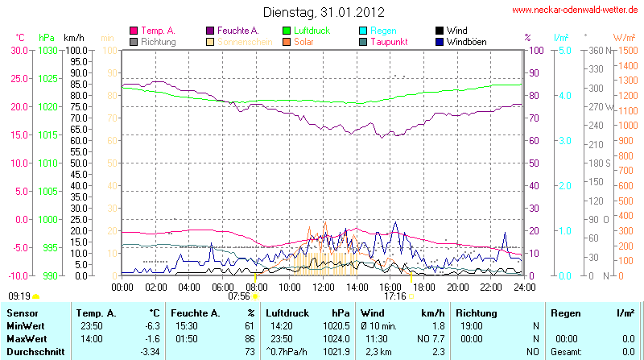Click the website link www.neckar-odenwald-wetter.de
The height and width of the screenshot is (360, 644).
pos(575,10)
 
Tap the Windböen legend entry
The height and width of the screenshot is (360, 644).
pos(467,41)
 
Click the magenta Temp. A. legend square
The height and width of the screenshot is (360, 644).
pos(134,31)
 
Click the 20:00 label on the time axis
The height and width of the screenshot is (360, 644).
pos(457,286)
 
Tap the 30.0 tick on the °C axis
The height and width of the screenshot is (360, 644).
pos(19,51)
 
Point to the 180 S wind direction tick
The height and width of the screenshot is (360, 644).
pos(599,163)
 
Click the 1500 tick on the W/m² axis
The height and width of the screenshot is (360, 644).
pos(625,51)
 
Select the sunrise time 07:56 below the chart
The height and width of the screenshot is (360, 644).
pos(239,296)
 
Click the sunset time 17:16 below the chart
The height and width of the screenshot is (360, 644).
pos(394,296)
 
